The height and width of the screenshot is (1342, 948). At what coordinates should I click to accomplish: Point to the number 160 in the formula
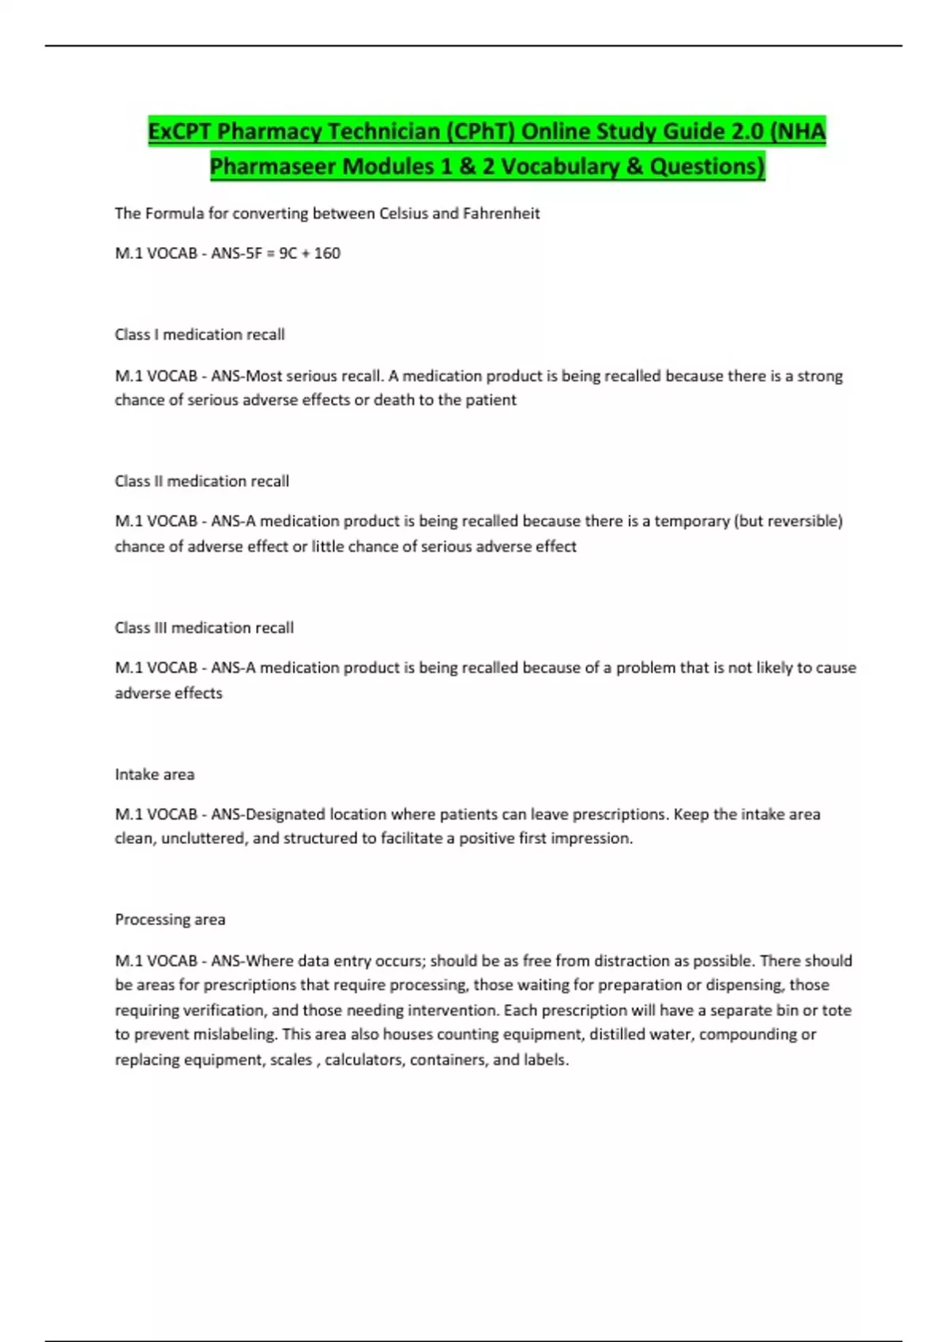(x=327, y=253)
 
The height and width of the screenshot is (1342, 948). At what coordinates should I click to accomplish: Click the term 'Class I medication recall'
(x=200, y=335)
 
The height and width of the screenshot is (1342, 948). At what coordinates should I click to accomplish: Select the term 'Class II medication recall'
(x=202, y=482)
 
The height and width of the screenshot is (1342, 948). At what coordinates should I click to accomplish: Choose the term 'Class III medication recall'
(x=205, y=628)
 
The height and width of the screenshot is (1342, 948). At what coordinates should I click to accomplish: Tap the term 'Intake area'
(x=155, y=774)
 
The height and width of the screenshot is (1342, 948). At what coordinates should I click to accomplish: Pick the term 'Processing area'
(x=171, y=920)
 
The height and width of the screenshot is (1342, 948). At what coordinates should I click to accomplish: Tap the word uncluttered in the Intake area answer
(x=205, y=838)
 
